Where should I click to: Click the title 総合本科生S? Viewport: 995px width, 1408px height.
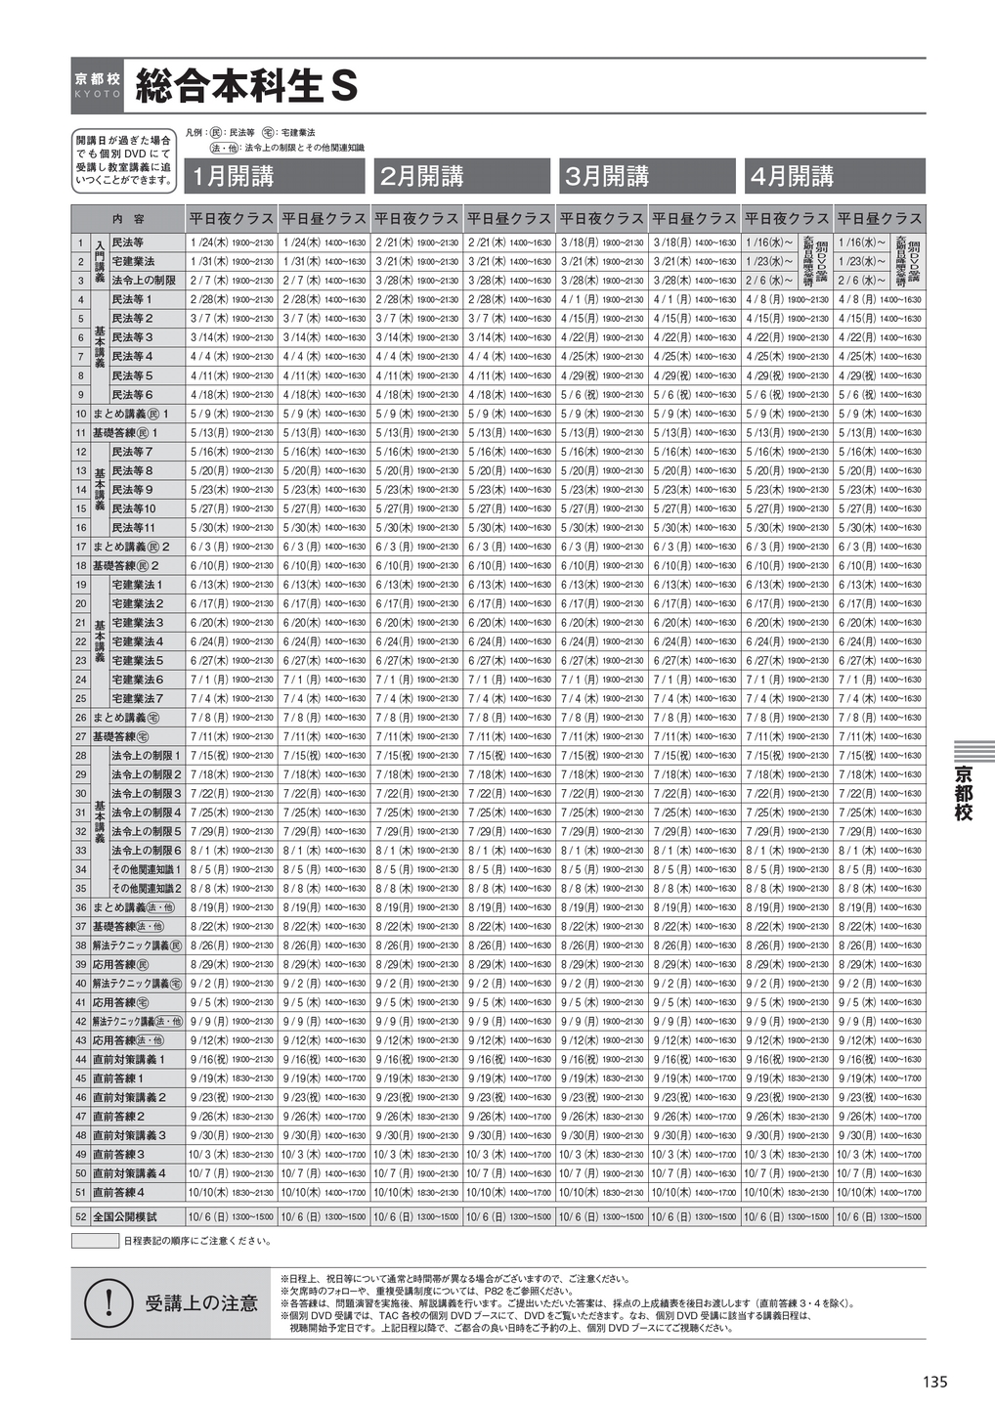pyautogui.click(x=247, y=87)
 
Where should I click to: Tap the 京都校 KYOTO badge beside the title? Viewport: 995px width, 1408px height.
pyautogui.click(x=98, y=86)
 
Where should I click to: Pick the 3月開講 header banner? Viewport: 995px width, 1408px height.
pyautogui.click(x=647, y=176)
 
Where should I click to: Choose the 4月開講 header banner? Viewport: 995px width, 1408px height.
pyautogui.click(x=833, y=176)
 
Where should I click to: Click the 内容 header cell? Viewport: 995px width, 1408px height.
pyautogui.click(x=128, y=219)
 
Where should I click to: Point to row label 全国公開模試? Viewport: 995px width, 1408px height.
pyautogui.click(x=124, y=1217)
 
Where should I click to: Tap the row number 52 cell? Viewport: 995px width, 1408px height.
pyautogui.click(x=80, y=1217)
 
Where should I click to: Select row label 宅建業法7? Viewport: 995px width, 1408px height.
pyautogui.click(x=138, y=699)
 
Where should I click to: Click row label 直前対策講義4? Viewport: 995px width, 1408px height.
pyautogui.click(x=129, y=1173)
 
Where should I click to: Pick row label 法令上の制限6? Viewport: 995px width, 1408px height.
pyautogui.click(x=147, y=851)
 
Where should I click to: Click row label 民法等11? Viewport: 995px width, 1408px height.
pyautogui.click(x=134, y=528)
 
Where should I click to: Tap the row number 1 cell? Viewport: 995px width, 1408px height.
pyautogui.click(x=80, y=242)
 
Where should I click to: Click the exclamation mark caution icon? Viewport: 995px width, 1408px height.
pyautogui.click(x=109, y=1301)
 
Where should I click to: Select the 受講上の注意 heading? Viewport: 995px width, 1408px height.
pyautogui.click(x=201, y=1302)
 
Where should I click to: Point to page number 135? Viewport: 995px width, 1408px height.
pyautogui.click(x=934, y=1382)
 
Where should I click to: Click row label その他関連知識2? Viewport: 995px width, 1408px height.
pyautogui.click(x=147, y=889)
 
